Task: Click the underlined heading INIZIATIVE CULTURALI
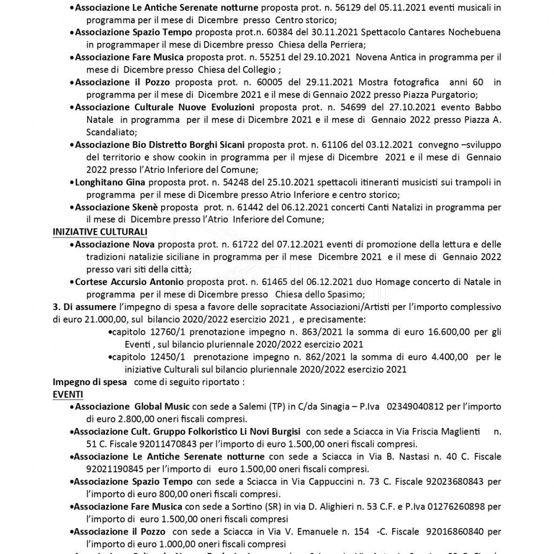click(100, 232)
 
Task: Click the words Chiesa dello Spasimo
click(320, 294)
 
